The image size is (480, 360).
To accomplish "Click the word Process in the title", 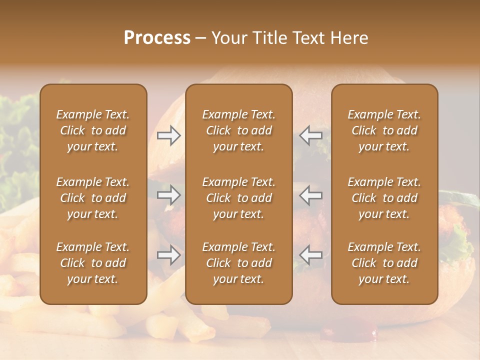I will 157,38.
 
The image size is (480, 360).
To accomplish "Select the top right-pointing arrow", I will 168,135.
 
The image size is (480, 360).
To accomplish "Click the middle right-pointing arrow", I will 168,195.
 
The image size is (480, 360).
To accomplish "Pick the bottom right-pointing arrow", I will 168,255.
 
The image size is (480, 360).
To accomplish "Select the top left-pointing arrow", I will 310,135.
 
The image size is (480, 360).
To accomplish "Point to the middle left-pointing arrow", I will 310,195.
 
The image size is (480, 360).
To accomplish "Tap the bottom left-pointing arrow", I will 310,255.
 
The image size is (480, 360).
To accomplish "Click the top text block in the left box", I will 93,130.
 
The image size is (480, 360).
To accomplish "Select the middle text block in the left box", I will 93,198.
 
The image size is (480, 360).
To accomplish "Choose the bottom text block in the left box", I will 93,263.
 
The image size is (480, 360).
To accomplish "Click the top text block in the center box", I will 238,130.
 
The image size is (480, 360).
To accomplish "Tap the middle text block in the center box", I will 238,198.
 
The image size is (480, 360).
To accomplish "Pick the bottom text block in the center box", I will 238,263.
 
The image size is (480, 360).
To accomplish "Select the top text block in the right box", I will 384,130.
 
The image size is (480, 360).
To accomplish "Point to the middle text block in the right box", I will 384,198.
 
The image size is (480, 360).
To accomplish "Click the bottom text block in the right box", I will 384,263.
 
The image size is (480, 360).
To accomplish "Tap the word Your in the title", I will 227,38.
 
